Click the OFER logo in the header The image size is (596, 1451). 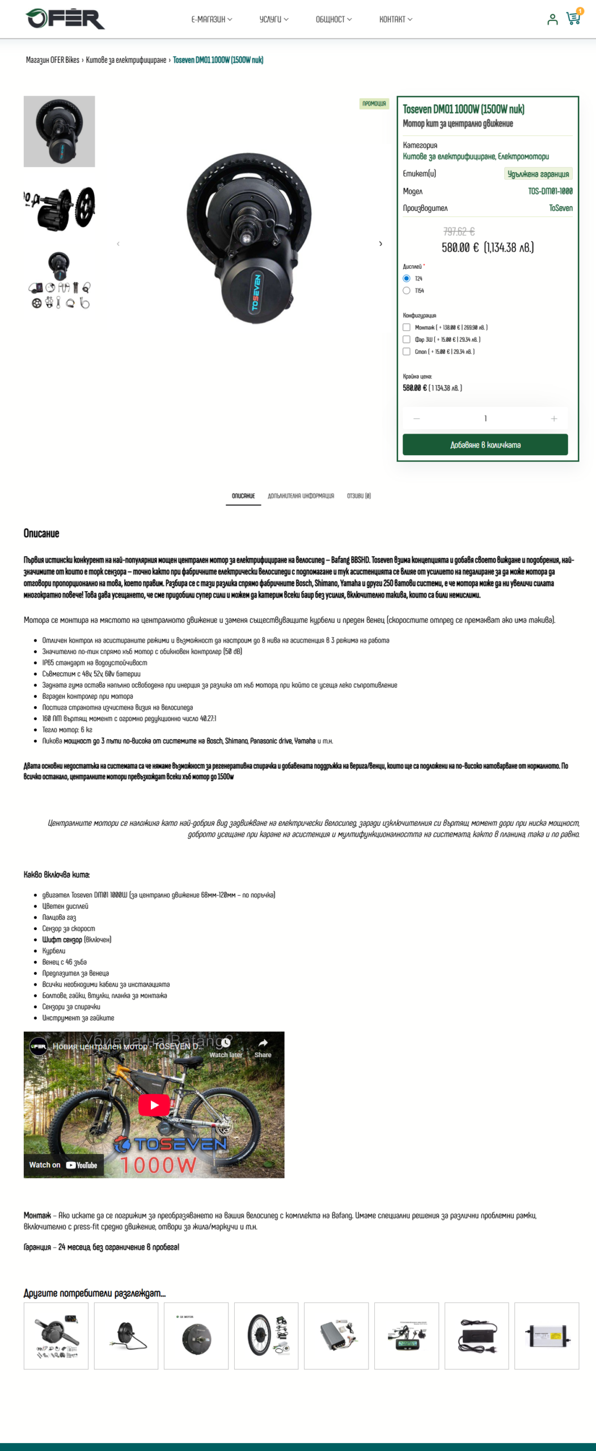pos(65,19)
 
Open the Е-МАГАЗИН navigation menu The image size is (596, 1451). pos(212,19)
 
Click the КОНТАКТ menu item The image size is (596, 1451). pos(395,19)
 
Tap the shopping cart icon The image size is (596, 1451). pos(573,19)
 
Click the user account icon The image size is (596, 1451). pos(552,19)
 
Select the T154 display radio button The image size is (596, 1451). pos(407,291)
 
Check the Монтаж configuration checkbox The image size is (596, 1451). pos(407,328)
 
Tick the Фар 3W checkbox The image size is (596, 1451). pos(407,340)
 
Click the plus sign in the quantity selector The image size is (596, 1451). pos(553,419)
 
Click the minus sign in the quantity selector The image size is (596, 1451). pos(417,419)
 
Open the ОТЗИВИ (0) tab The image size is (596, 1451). pos(359,496)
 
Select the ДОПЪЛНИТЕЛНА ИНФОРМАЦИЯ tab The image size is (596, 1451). pos(301,496)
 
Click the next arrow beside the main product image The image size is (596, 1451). pos(381,244)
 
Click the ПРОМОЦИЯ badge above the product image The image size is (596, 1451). pos(374,104)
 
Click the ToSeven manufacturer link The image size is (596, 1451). pos(560,209)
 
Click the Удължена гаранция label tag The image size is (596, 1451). pos(538,174)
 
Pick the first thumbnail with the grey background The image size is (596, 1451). pos(59,131)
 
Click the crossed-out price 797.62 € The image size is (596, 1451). pos(459,231)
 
